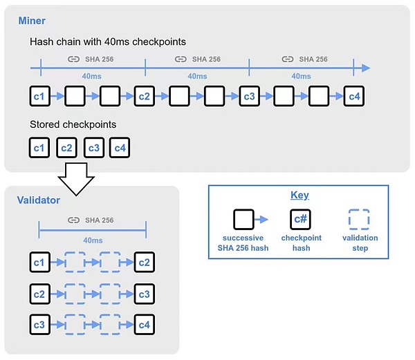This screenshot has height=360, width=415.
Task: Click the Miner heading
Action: click(33, 21)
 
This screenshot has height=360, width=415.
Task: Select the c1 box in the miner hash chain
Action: click(40, 96)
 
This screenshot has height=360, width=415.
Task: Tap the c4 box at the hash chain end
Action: click(353, 96)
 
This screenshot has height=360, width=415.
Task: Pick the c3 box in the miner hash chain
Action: click(249, 96)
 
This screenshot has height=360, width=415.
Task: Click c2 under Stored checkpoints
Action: click(66, 148)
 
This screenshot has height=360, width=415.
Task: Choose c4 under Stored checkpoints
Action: click(119, 148)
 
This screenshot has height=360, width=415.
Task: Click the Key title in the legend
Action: click(299, 196)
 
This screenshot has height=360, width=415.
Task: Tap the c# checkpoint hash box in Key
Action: click(299, 220)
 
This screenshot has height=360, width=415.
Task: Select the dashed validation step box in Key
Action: click(360, 220)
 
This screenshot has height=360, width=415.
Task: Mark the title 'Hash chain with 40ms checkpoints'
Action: click(107, 42)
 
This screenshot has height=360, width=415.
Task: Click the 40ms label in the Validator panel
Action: click(93, 240)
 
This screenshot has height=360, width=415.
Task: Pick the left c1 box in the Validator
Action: click(40, 263)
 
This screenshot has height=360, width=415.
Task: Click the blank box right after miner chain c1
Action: click(75, 96)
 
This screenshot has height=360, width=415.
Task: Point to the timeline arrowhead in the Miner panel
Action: click(365, 68)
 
